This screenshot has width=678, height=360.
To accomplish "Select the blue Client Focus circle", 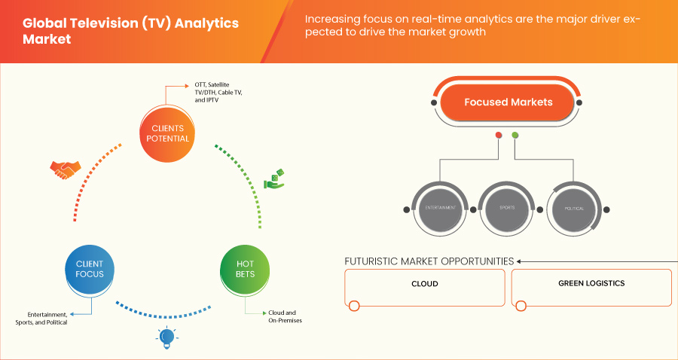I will click(x=89, y=269).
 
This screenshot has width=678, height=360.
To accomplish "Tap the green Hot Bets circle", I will click(x=245, y=269).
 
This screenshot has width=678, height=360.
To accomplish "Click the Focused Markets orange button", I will click(x=508, y=102).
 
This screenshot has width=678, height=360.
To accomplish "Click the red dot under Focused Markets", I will click(x=498, y=136).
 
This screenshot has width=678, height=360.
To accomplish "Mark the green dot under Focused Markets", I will click(x=515, y=136).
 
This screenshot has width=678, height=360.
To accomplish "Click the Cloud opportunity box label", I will click(x=425, y=284).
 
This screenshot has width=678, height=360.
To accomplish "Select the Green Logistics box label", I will click(x=591, y=284).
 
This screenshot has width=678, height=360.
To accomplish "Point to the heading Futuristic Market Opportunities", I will click(x=429, y=261).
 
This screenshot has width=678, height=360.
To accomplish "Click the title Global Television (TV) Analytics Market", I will click(x=130, y=30).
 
